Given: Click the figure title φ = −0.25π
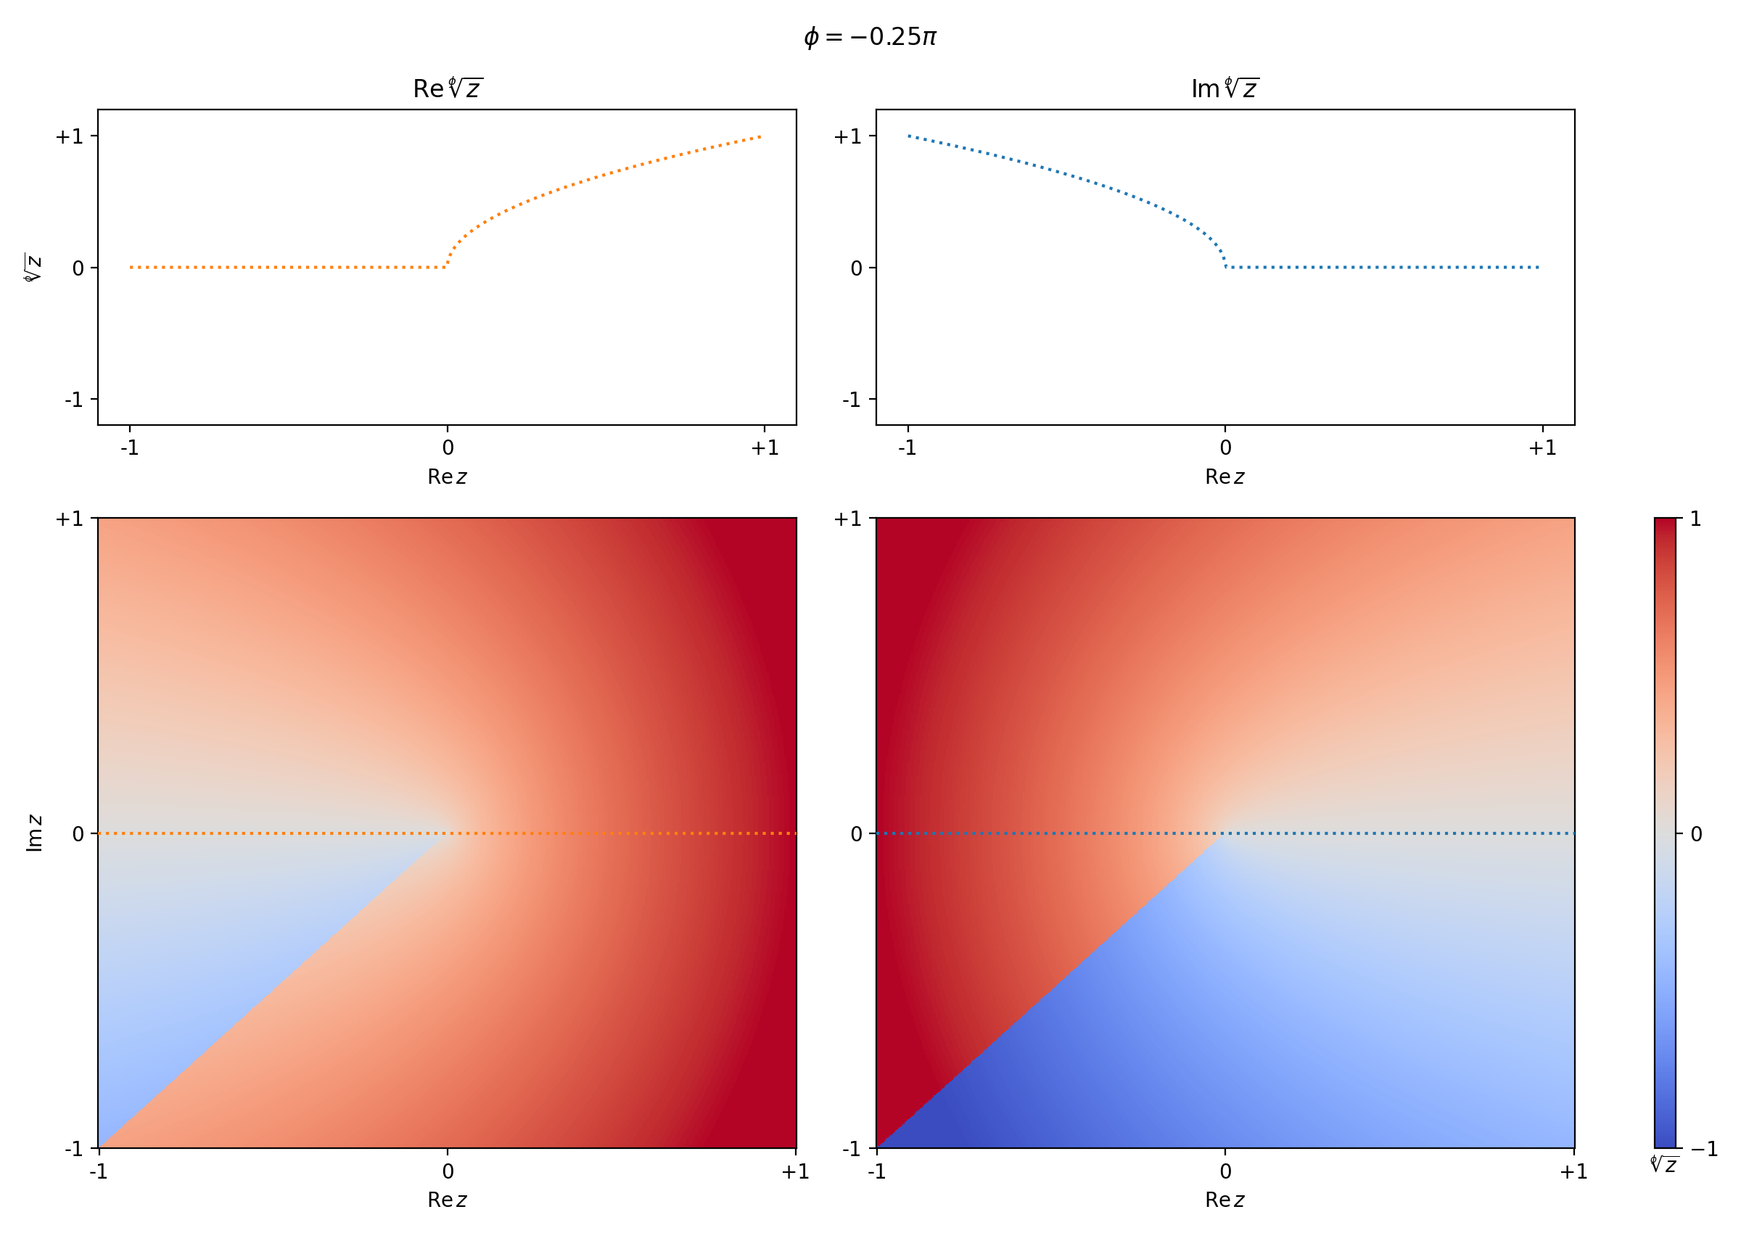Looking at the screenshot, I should pos(870,36).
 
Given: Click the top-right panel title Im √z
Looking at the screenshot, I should pos(1225,88).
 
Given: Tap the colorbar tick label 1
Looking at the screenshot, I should pos(1695,519).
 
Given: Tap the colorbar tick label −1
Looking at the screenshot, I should pos(1703,1149).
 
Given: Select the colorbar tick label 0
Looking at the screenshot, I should pos(1696,834).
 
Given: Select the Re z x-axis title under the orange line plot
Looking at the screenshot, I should pos(447,477).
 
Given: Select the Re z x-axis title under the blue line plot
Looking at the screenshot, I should pos(1225,477).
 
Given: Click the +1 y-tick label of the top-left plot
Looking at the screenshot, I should pos(69,136).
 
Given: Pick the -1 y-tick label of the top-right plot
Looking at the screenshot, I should pos(851,400).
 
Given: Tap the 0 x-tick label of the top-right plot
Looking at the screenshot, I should pos(1225,448).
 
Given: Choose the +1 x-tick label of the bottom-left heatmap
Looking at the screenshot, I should pos(796,1171).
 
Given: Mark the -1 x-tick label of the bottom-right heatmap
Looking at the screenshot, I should pos(877,1171).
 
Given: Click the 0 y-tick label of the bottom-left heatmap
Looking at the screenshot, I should pos(78,834).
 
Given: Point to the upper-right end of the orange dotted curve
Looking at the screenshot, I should pos(760,137).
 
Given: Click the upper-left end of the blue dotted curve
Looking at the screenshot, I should pos(909,136).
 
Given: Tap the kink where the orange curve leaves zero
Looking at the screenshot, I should pos(445,266).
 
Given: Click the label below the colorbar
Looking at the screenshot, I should pos(1663,1165).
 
